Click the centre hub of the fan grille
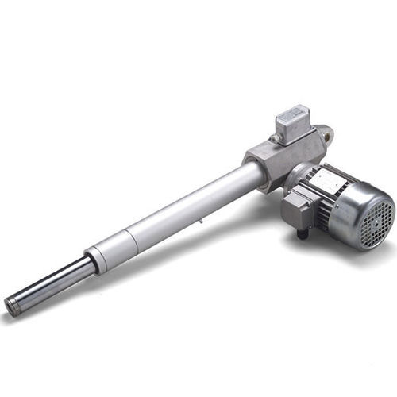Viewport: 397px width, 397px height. tap(380, 216)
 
